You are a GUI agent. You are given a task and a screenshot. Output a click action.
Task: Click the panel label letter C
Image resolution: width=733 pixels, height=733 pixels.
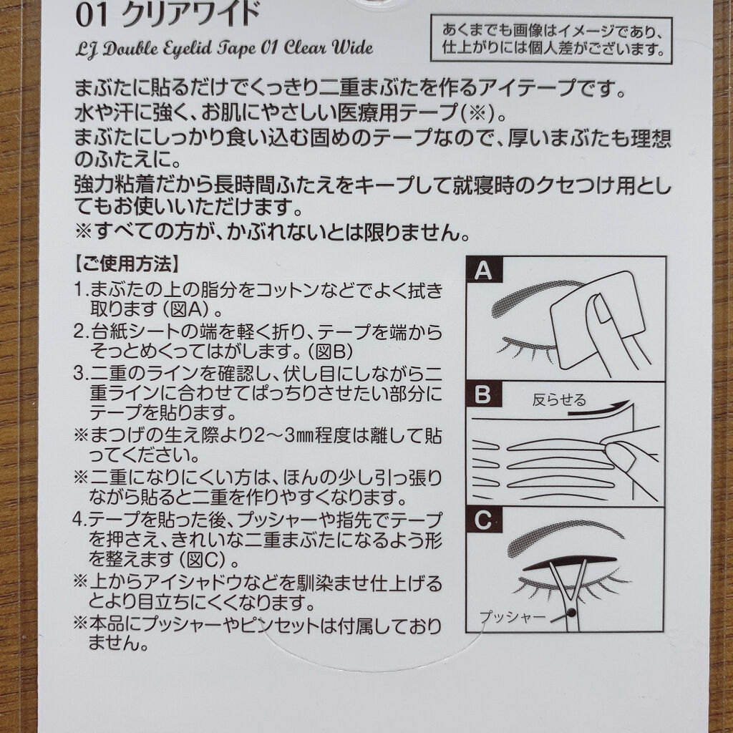pyautogui.click(x=484, y=520)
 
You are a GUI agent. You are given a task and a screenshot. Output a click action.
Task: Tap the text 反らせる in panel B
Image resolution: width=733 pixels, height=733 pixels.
pyautogui.click(x=558, y=399)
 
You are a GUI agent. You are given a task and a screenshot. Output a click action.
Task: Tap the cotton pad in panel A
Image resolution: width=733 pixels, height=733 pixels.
pyautogui.click(x=598, y=322)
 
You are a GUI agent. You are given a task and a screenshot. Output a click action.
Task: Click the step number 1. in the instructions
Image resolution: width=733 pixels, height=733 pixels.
pyautogui.click(x=80, y=291)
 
